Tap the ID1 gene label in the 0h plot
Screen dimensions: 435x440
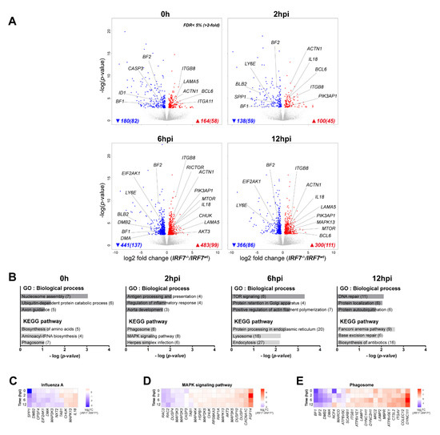pos(99,92)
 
